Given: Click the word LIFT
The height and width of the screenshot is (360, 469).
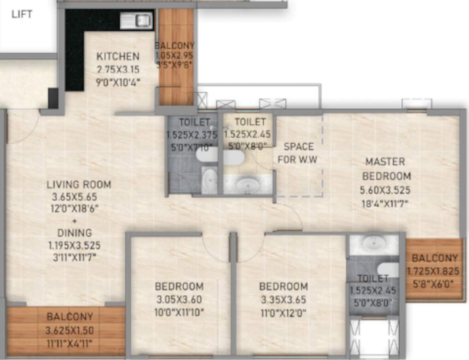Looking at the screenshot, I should pos(22,14).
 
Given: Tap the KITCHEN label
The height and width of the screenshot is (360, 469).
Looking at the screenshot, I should pos(118,56).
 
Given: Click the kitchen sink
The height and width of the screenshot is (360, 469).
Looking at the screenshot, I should pos(136,20).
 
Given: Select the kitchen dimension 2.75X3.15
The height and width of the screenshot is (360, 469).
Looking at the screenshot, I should pos(118,69).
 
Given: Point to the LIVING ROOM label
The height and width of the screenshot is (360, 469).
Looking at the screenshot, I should pos(79,184).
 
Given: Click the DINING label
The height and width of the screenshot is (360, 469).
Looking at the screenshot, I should pos(74,232).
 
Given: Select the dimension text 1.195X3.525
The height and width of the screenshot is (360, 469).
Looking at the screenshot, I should pos(74,245).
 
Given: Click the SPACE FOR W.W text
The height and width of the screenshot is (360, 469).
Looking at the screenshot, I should pos(298,153).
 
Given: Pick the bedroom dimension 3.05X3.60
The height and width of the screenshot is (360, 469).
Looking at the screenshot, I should pos(179,299).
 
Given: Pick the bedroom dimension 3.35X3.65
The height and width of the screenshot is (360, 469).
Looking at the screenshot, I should pos(283,299).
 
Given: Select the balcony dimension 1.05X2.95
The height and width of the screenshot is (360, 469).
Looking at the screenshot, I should pos(174,55).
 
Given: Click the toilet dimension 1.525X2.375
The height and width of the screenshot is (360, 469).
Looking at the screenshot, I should pos(191,135).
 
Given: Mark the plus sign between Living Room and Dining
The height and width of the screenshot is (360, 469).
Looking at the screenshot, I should pos(74,220).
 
